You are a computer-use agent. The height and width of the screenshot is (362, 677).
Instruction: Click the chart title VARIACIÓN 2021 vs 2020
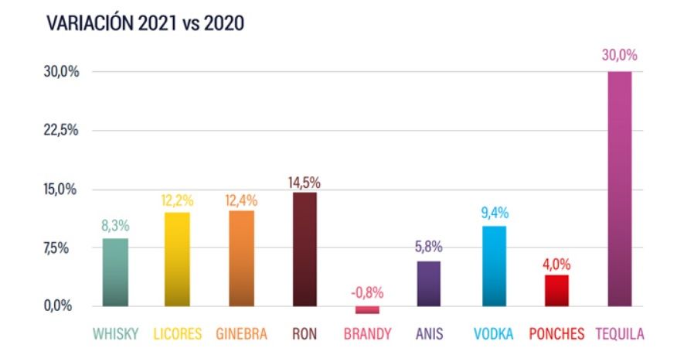(145, 24)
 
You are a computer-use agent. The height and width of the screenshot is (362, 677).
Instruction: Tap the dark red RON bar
(304, 248)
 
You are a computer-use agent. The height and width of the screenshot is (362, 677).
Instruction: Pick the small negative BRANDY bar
(367, 309)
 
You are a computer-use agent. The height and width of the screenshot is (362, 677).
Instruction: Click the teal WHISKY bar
(115, 271)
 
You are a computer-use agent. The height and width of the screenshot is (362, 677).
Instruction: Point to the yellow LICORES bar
(179, 258)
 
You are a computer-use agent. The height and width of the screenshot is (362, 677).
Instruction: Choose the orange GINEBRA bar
(242, 258)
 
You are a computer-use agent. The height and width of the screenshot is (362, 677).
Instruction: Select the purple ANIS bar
(430, 283)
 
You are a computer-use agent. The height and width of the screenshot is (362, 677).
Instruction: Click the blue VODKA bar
(494, 265)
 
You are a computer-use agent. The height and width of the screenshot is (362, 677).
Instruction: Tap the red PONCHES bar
(556, 290)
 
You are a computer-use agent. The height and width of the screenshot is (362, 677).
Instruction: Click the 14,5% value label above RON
(304, 183)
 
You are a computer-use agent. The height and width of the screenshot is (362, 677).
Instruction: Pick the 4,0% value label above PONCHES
(556, 263)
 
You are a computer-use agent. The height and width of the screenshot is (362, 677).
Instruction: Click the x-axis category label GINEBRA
(242, 334)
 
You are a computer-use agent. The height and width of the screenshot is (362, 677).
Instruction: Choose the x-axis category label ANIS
(429, 334)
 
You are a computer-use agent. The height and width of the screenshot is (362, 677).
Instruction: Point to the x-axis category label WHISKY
(116, 334)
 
